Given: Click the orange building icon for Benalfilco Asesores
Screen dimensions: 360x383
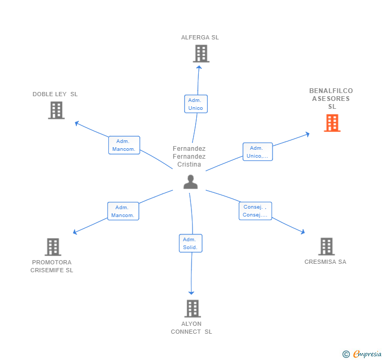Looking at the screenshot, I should (x=332, y=123).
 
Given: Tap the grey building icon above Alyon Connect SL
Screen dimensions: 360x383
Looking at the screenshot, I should (x=193, y=308).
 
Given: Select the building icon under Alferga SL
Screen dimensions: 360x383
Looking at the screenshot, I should (x=200, y=54).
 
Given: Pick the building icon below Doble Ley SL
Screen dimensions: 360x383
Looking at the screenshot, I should (x=56, y=110).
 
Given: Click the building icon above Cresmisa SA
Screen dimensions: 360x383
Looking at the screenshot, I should (x=326, y=246).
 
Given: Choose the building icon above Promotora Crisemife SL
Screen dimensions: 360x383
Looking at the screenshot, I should (x=53, y=247).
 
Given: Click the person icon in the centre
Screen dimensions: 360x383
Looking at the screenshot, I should (x=190, y=182).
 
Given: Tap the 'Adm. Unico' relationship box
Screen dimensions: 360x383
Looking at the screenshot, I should (x=196, y=104).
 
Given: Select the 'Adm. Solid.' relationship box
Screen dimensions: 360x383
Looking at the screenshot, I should (x=190, y=243).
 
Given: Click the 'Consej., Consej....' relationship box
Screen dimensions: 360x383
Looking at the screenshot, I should (x=255, y=211).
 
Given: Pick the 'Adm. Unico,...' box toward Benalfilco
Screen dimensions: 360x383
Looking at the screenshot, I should (x=258, y=152).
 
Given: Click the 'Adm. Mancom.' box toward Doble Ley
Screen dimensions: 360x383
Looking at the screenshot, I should (x=124, y=145).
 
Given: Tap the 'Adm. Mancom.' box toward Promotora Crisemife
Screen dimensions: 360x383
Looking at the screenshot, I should (x=123, y=211).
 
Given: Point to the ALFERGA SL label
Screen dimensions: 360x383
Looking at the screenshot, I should (x=200, y=37).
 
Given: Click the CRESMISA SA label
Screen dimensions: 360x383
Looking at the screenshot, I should (x=325, y=262).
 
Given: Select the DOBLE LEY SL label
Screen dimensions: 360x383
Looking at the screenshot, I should (x=55, y=94).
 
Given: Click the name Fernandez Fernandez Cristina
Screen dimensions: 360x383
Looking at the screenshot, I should (x=189, y=157).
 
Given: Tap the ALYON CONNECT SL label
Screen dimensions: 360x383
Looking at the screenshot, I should (x=191, y=327).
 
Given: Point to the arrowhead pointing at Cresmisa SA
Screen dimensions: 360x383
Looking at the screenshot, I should (x=303, y=232).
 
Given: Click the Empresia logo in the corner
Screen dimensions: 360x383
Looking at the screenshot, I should (x=362, y=354).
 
